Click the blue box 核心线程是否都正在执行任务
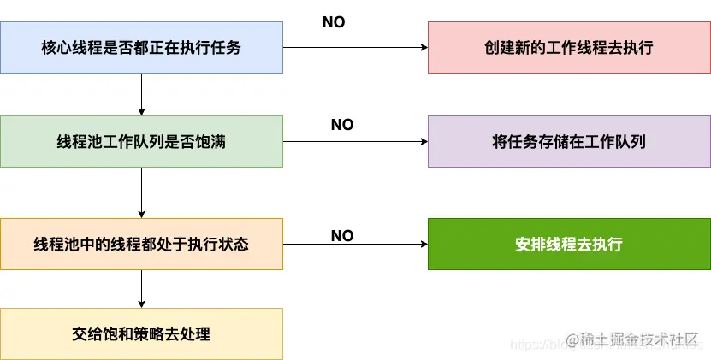tap(141, 48)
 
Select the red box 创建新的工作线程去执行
tap(569, 48)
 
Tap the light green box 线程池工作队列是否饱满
tap(141, 142)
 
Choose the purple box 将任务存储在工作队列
tap(569, 142)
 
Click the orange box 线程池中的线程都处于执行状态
tap(141, 245)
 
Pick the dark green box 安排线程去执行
tap(569, 245)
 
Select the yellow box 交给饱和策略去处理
tap(141, 333)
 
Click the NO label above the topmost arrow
tap(334, 22)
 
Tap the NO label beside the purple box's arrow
tap(342, 125)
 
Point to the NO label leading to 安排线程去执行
tap(342, 235)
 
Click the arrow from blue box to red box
tap(355, 48)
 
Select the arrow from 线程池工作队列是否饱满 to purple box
tap(355, 142)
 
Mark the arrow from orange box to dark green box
tap(355, 245)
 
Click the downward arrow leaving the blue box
tap(141, 94)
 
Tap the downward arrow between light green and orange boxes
tap(141, 192)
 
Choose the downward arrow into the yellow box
tap(141, 289)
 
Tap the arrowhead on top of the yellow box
tap(141, 304)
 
